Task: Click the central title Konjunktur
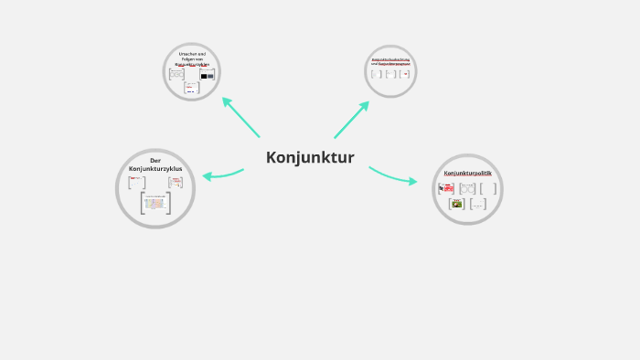pos(310,157)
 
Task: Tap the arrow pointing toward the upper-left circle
pos(240,116)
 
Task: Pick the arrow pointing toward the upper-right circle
pos(351,119)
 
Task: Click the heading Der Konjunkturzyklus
pos(155,164)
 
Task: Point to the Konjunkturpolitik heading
pos(467,173)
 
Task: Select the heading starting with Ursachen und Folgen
pos(192,59)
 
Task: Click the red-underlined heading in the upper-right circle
pos(391,60)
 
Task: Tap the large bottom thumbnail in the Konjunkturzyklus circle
pos(155,203)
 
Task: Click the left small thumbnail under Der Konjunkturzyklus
pos(136,182)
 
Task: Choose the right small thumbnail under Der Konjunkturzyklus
pos(175,183)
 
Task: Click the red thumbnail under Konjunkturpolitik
pos(446,188)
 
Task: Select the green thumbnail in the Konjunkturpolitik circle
pos(456,204)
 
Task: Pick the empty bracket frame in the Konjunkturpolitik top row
pos(488,188)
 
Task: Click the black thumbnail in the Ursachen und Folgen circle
pos(207,74)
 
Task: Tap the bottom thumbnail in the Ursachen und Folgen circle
pos(192,88)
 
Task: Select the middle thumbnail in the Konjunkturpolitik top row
pos(467,188)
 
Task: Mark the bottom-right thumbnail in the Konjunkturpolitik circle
pos(477,205)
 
